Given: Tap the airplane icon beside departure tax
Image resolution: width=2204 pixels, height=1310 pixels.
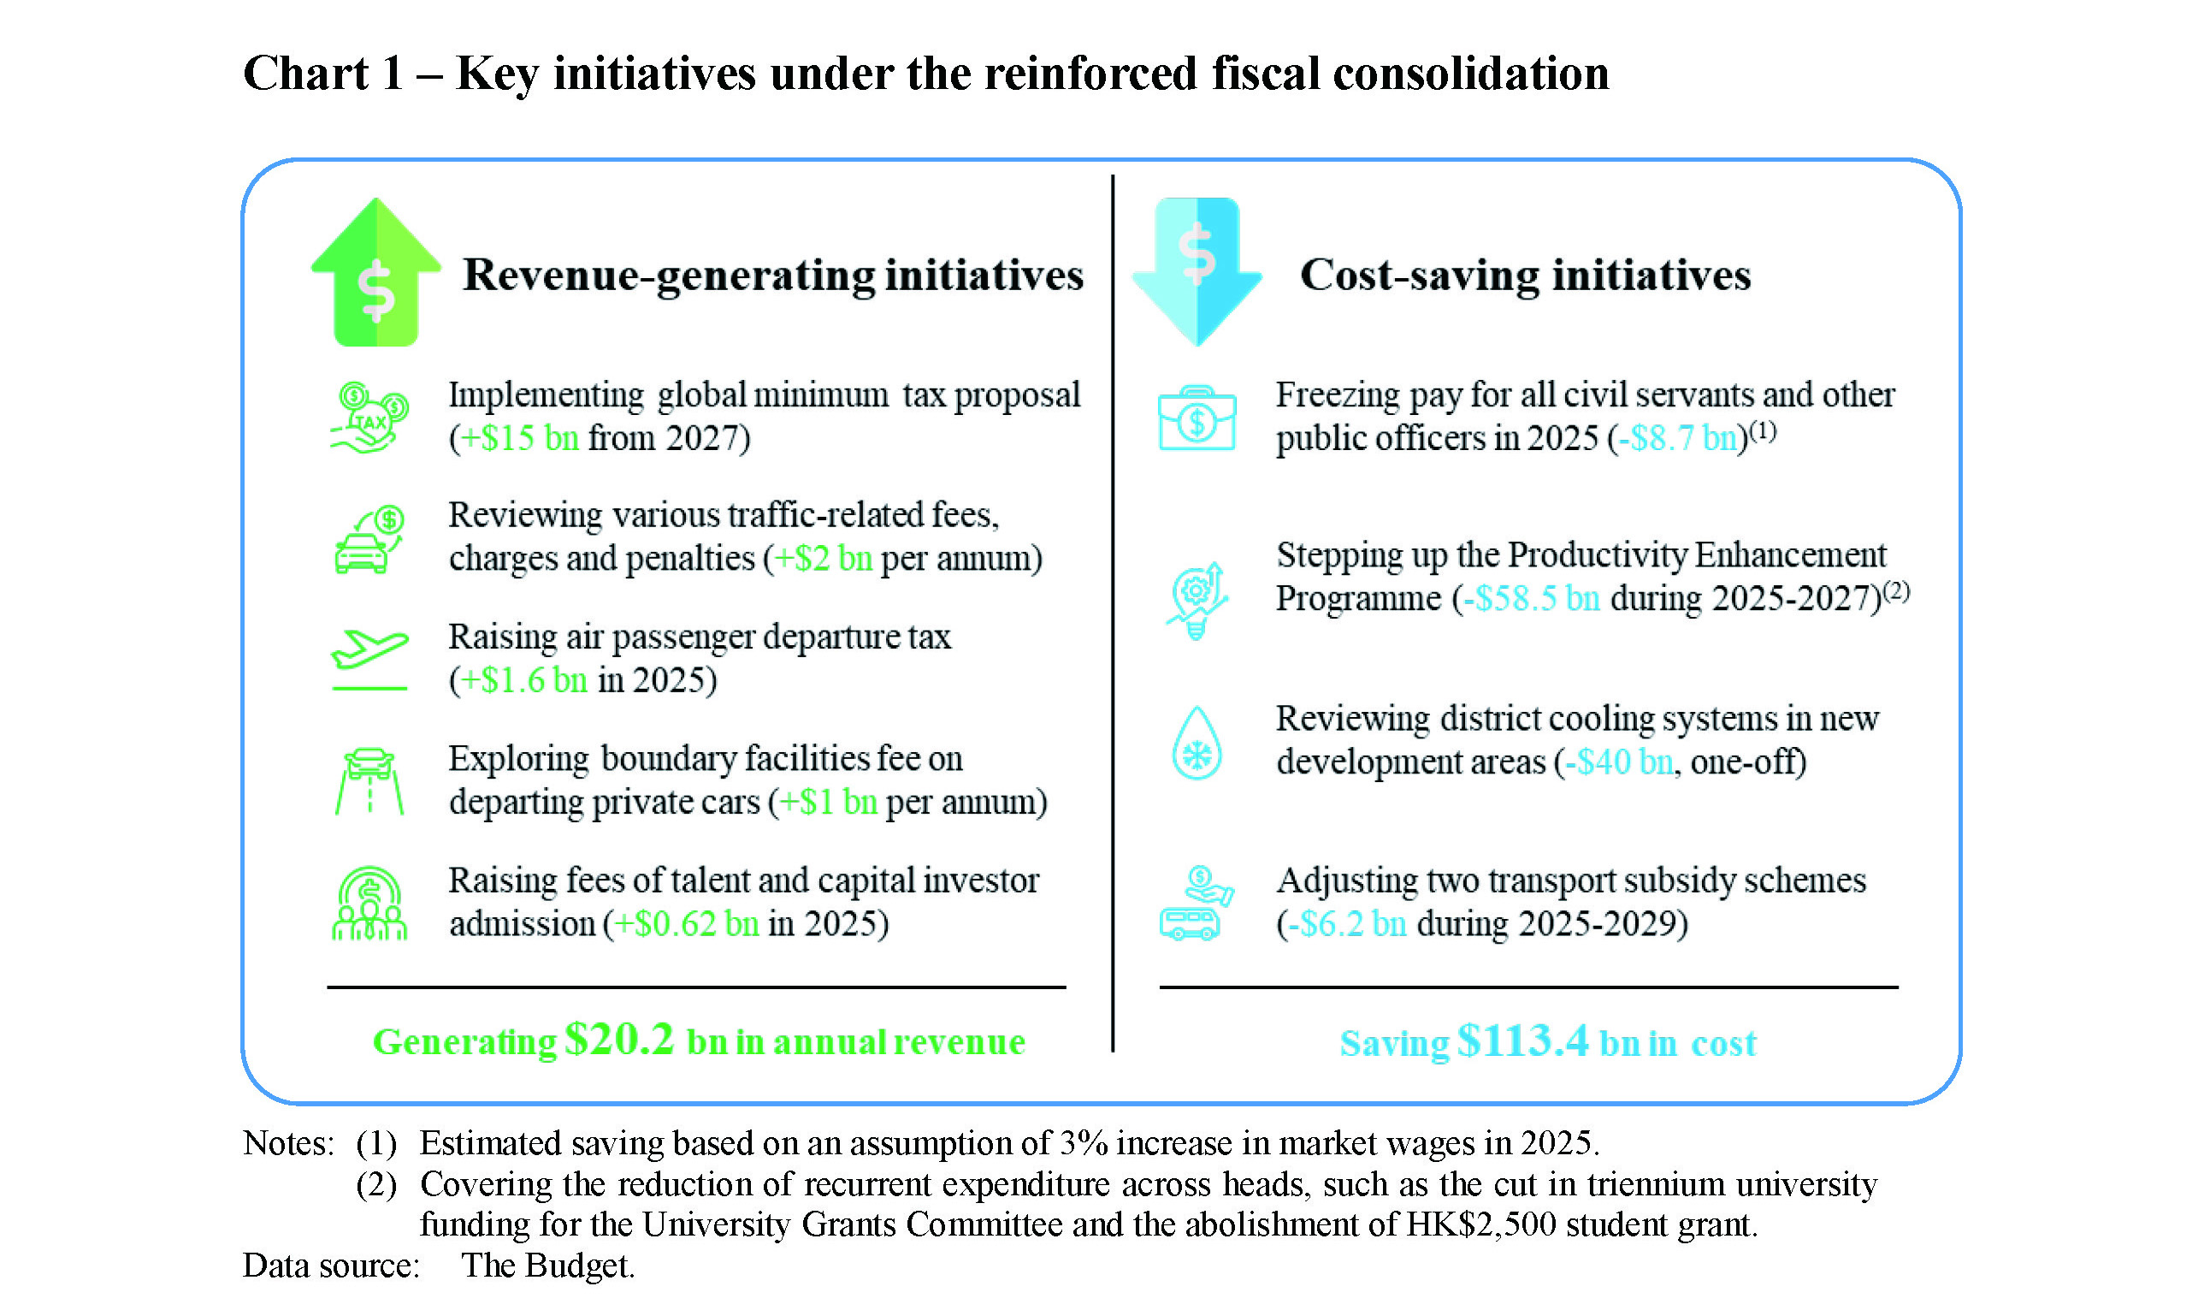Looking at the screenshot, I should (369, 659).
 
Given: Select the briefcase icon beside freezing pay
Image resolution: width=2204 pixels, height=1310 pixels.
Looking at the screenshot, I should (1197, 418).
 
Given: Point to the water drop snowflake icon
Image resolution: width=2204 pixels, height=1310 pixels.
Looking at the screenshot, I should (1197, 744).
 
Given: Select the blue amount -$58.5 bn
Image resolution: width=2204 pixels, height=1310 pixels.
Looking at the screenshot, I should (1531, 598).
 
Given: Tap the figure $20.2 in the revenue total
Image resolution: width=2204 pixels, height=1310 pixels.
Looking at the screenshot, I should (619, 1039).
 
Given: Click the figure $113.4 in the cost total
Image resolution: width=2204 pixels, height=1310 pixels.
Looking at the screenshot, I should (1523, 1040).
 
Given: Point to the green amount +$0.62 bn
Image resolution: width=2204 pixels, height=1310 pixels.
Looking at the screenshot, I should (686, 923).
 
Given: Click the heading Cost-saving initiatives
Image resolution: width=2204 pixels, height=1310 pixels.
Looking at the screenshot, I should (1525, 275).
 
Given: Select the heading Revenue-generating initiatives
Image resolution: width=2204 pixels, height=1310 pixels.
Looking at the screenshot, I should (773, 275).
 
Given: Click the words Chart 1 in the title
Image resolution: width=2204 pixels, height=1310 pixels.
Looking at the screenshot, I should (323, 74).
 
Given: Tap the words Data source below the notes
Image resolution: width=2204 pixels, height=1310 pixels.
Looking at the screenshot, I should (331, 1265).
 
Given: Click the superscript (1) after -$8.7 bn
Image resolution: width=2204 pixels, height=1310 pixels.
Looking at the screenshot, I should (1762, 430).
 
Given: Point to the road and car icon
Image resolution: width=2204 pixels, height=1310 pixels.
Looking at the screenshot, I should (369, 781).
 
